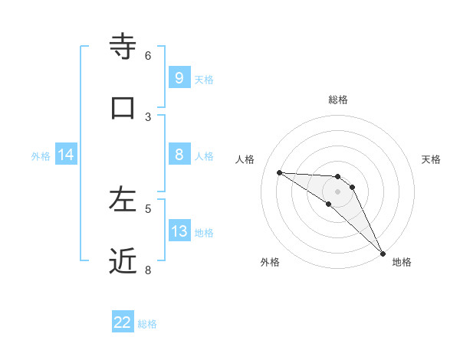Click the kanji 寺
123,45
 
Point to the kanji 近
123,260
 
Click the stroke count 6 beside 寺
148,55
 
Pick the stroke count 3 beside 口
148,116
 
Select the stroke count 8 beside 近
148,270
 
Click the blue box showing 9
179,77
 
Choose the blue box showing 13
179,231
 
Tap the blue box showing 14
66,155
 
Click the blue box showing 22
123,322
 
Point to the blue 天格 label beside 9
204,79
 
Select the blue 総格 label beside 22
148,324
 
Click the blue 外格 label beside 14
41,156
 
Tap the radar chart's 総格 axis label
337,100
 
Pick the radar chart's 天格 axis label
431,159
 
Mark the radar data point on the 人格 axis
279,172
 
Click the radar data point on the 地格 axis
383,254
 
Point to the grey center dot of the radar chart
337,191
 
